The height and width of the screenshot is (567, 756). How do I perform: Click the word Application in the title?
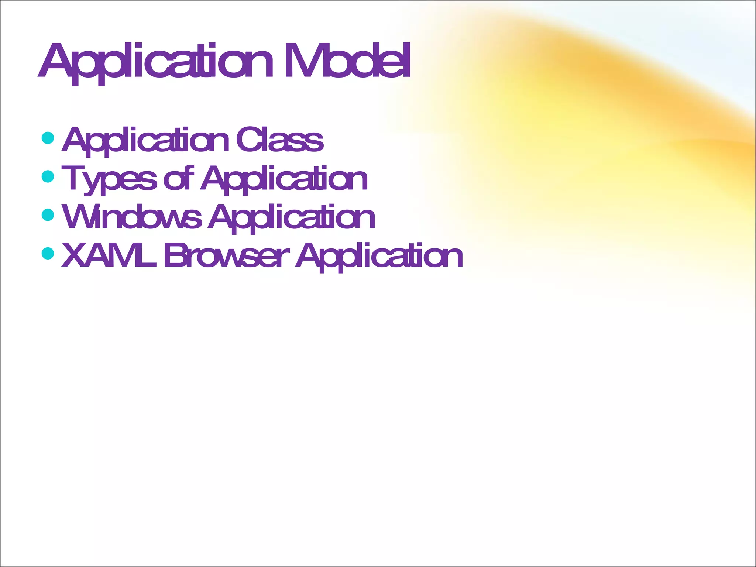point(155,61)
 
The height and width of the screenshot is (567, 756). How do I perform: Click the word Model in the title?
point(347,61)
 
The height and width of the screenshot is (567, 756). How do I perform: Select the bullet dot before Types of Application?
point(48,176)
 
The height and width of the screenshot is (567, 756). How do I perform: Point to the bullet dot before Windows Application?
point(48,214)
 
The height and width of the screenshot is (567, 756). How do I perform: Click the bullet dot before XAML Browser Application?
point(48,253)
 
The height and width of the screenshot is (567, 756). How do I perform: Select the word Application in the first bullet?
point(146,140)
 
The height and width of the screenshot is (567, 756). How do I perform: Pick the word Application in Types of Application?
point(284,179)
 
